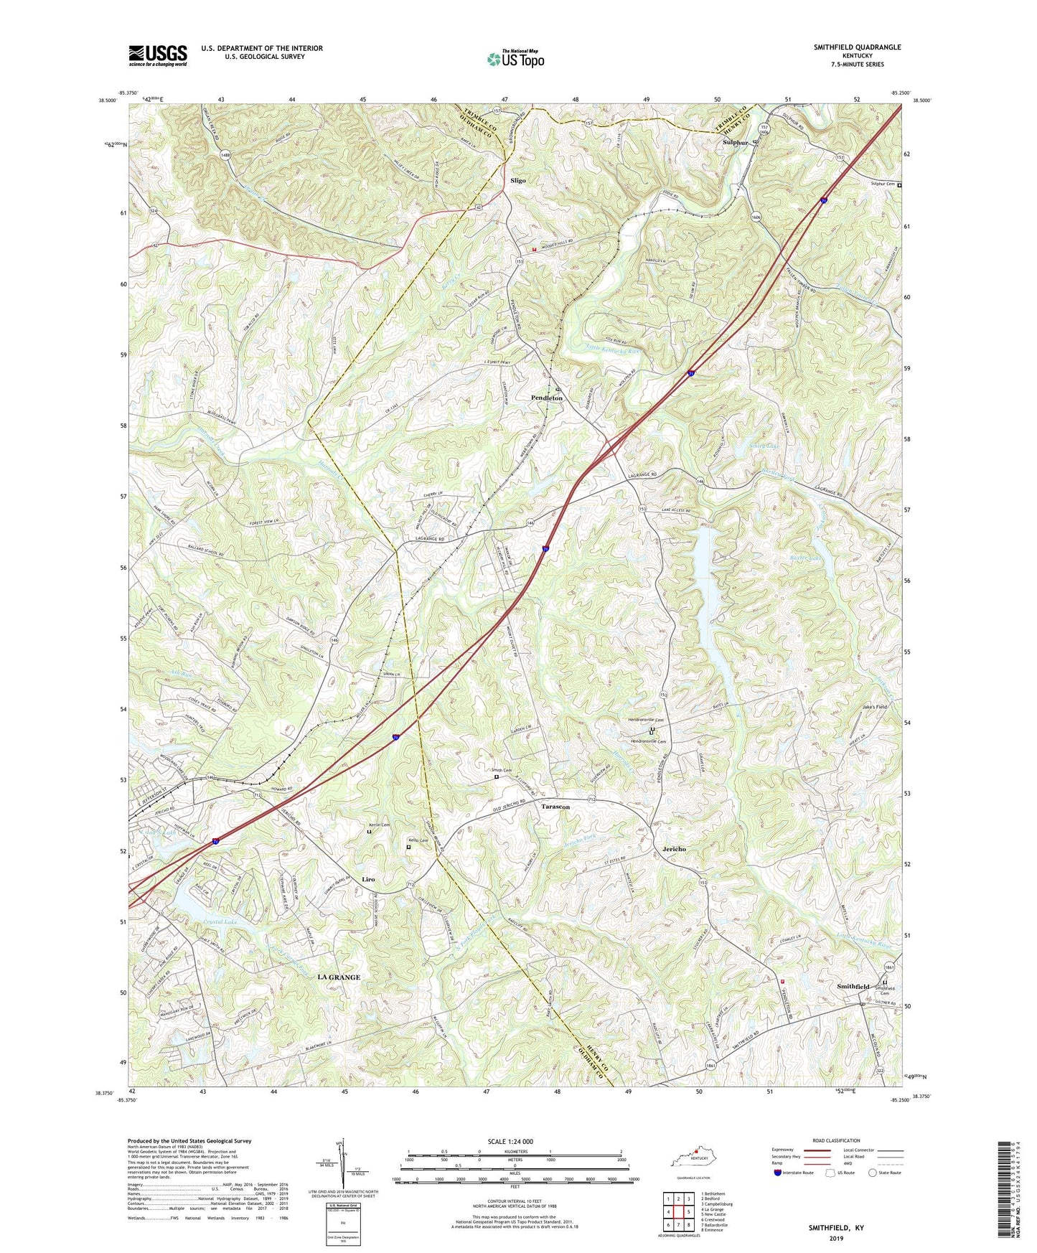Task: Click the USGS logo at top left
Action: click(x=158, y=55)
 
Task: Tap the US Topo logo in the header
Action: click(x=515, y=58)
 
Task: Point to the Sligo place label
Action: click(x=517, y=180)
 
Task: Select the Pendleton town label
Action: click(x=547, y=398)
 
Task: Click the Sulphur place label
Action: click(x=735, y=143)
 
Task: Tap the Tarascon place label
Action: click(x=555, y=807)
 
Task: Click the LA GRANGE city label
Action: click(x=339, y=977)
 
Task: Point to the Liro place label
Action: click(x=368, y=879)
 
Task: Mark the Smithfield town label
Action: click(x=853, y=987)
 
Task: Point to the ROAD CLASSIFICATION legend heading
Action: click(x=836, y=1140)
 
